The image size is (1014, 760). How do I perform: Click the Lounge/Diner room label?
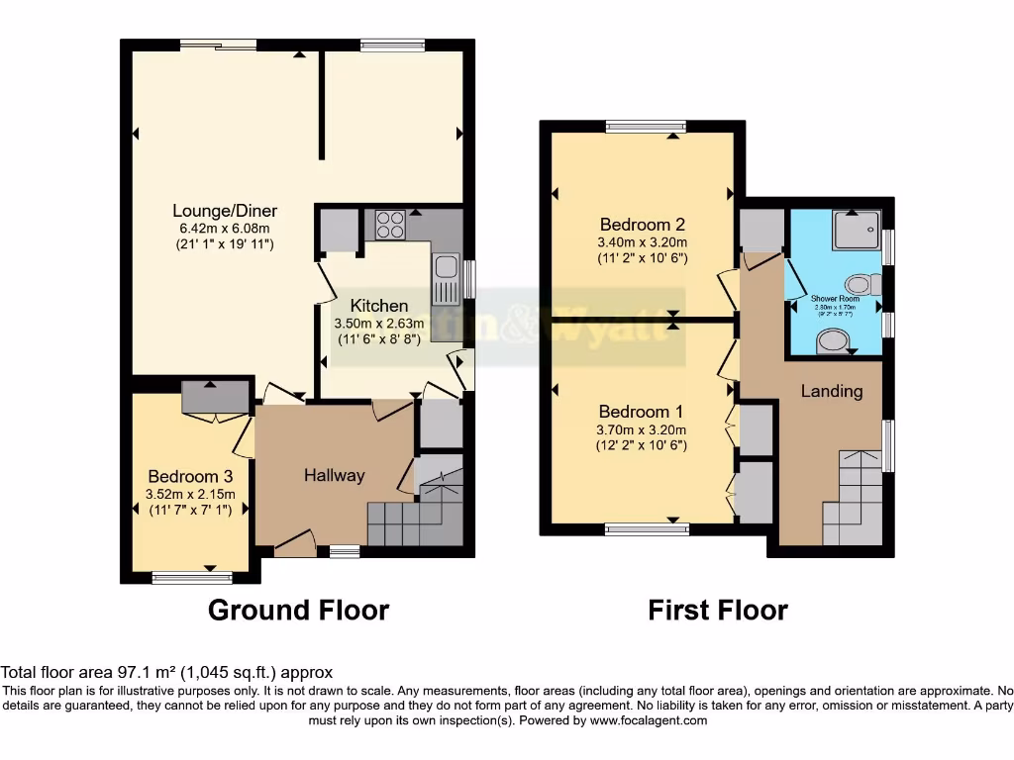click(x=225, y=211)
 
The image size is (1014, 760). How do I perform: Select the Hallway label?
click(x=334, y=475)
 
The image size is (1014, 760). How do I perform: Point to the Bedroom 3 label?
click(x=189, y=474)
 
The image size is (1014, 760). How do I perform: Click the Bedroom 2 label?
click(x=641, y=225)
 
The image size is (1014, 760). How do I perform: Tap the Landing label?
click(x=832, y=391)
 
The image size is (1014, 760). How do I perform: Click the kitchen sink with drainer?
click(x=445, y=277)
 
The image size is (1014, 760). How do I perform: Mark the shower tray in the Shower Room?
click(x=856, y=230)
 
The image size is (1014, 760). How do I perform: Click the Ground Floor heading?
click(x=298, y=611)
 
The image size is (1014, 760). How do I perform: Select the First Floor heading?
click(x=718, y=611)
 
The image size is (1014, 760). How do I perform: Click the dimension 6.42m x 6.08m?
click(x=225, y=228)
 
